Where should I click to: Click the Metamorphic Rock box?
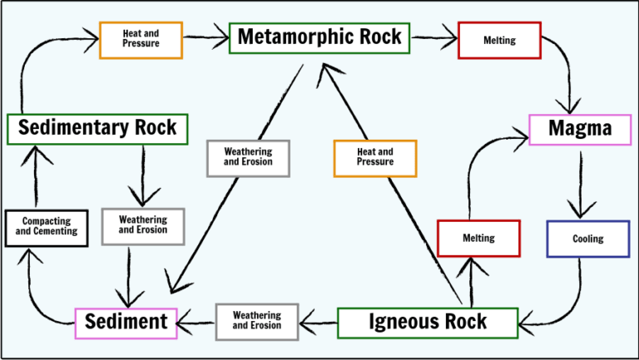[x=319, y=37]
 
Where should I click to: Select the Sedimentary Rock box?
[x=97, y=128]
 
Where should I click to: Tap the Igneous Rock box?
[x=427, y=323]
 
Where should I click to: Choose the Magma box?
[x=580, y=129]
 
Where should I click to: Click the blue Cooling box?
[x=587, y=239]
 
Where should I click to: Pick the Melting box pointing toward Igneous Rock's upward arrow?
[x=478, y=239]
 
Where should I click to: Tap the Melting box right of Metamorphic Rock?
[x=499, y=40]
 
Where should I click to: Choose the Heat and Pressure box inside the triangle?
[x=374, y=158]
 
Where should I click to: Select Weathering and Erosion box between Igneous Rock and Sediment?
[x=257, y=322]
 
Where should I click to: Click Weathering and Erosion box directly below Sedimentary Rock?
[x=142, y=225]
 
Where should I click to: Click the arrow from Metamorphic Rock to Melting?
[x=433, y=38]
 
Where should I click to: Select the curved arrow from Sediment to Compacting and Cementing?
[x=37, y=295]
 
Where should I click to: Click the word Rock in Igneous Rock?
[x=464, y=323]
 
